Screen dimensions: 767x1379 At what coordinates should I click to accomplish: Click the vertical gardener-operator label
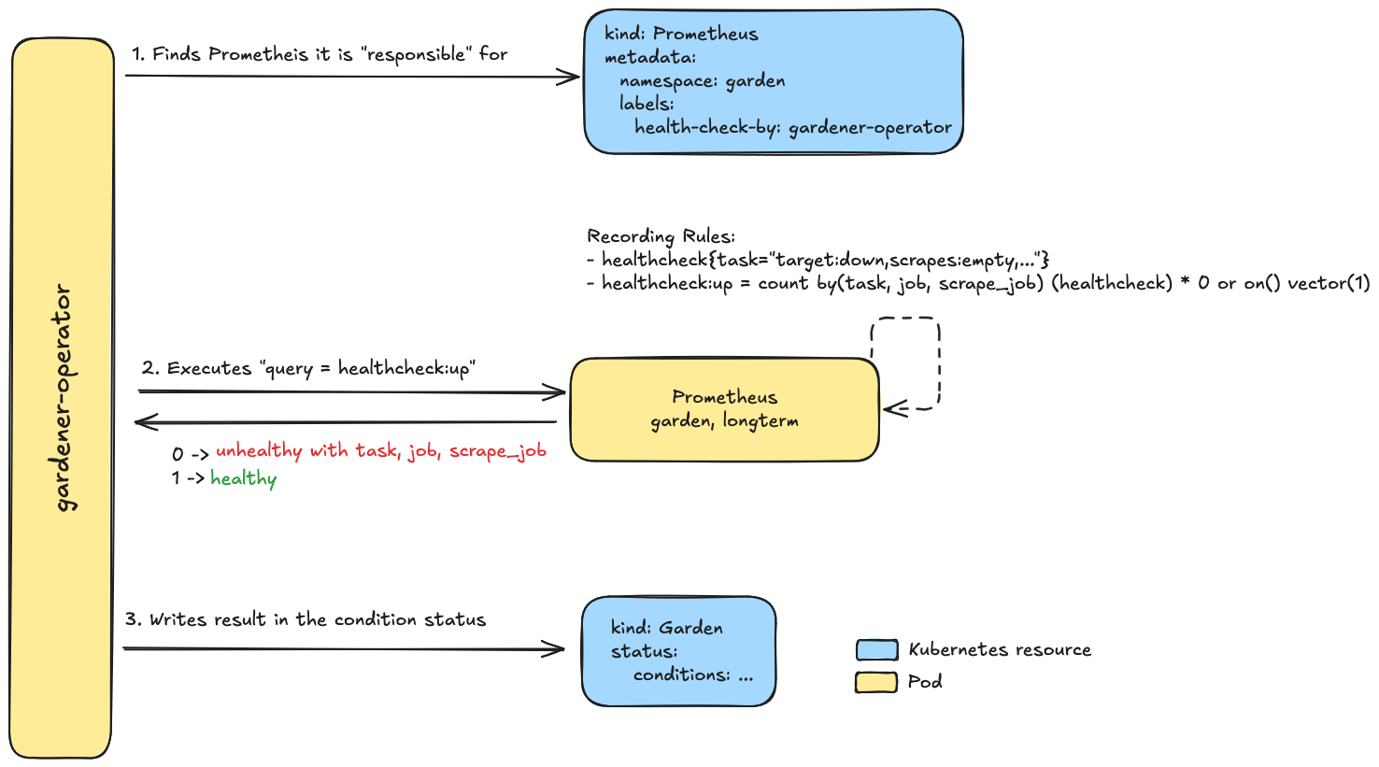[64, 398]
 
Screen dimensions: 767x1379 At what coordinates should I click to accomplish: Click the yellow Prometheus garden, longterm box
[724, 409]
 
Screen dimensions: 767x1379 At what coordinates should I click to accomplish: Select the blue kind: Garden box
[679, 651]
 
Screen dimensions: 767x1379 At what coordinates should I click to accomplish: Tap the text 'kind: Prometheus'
[681, 34]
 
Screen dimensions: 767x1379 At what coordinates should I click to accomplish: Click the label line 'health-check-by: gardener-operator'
[793, 127]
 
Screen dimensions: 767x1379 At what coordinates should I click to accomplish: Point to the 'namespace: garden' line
[702, 80]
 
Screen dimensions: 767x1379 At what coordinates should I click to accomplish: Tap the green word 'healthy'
[243, 479]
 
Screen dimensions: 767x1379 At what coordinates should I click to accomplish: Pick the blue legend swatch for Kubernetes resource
[876, 650]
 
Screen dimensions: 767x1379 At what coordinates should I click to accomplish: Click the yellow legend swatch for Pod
[876, 682]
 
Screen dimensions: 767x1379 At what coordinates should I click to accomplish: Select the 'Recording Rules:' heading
[661, 236]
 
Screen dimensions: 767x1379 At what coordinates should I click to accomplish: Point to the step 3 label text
[306, 619]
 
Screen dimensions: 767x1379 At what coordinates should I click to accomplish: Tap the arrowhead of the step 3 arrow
[557, 648]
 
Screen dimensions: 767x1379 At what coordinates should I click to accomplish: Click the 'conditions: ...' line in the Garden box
[692, 675]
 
